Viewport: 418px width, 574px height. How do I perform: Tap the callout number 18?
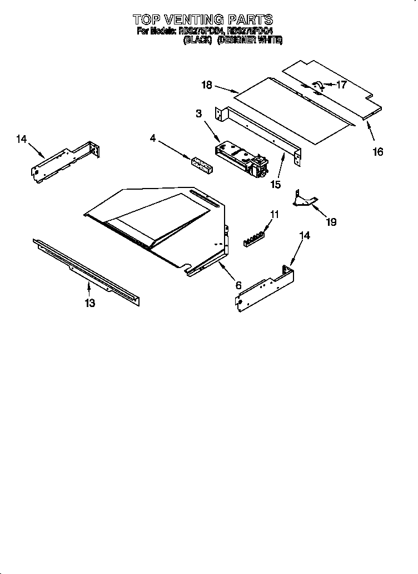pos(207,85)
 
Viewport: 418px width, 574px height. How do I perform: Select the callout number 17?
pos(341,85)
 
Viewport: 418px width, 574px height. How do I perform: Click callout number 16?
pos(378,151)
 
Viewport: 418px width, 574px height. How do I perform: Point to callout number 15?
pos(275,184)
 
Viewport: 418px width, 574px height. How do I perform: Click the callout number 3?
pos(198,114)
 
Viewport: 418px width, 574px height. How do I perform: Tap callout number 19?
pos(331,222)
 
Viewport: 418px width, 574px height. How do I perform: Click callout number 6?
pos(238,285)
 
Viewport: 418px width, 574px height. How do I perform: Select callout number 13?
pos(89,303)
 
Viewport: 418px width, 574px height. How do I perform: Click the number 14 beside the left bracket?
pos(21,140)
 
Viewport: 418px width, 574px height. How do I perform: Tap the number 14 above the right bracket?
pos(305,235)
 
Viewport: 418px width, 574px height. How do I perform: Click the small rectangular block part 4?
pos(201,165)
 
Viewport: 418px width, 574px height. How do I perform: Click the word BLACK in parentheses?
pos(198,41)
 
